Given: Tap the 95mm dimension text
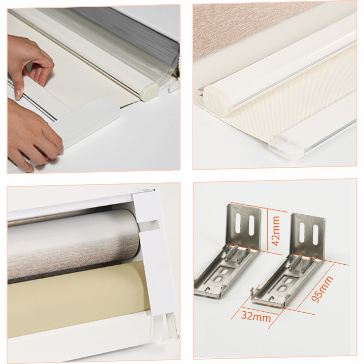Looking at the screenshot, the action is click(x=322, y=289).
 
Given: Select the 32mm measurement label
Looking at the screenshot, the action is click(x=256, y=316).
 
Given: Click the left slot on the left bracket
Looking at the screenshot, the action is click(x=238, y=223).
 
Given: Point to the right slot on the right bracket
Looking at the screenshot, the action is click(x=315, y=235).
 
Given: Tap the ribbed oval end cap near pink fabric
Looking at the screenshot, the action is click(x=217, y=101).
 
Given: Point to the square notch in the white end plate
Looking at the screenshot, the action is click(x=149, y=226).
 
